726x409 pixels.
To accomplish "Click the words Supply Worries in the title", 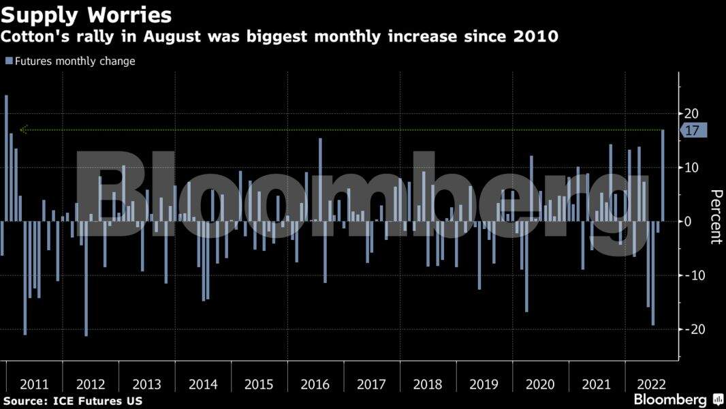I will click(x=86, y=14).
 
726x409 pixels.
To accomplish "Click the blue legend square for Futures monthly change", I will click(x=9, y=61).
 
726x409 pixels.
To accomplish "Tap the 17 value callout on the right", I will click(x=693, y=131).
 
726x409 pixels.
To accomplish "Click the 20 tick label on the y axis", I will click(x=692, y=113).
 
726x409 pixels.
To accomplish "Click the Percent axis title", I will click(x=715, y=217).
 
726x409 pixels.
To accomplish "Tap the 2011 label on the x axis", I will click(x=34, y=384).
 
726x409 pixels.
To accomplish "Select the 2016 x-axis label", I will click(x=315, y=384).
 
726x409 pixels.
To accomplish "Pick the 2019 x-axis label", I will click(x=484, y=384).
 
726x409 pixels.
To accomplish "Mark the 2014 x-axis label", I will click(x=203, y=384).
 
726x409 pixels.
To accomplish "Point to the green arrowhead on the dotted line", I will click(x=24, y=130).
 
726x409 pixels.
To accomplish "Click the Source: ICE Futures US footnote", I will click(x=73, y=401).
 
